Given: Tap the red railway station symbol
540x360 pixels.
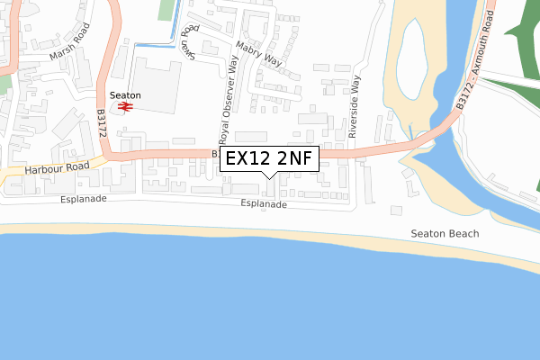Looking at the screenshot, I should pos(124,107).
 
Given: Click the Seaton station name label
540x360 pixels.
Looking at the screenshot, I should pos(124,95).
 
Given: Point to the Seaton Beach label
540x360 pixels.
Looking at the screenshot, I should pos(445,233).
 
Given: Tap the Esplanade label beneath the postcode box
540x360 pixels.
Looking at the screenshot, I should pos(264,204).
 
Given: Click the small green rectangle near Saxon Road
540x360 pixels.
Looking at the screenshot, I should pos(165,10).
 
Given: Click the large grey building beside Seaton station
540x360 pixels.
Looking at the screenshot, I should pos(158,85).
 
